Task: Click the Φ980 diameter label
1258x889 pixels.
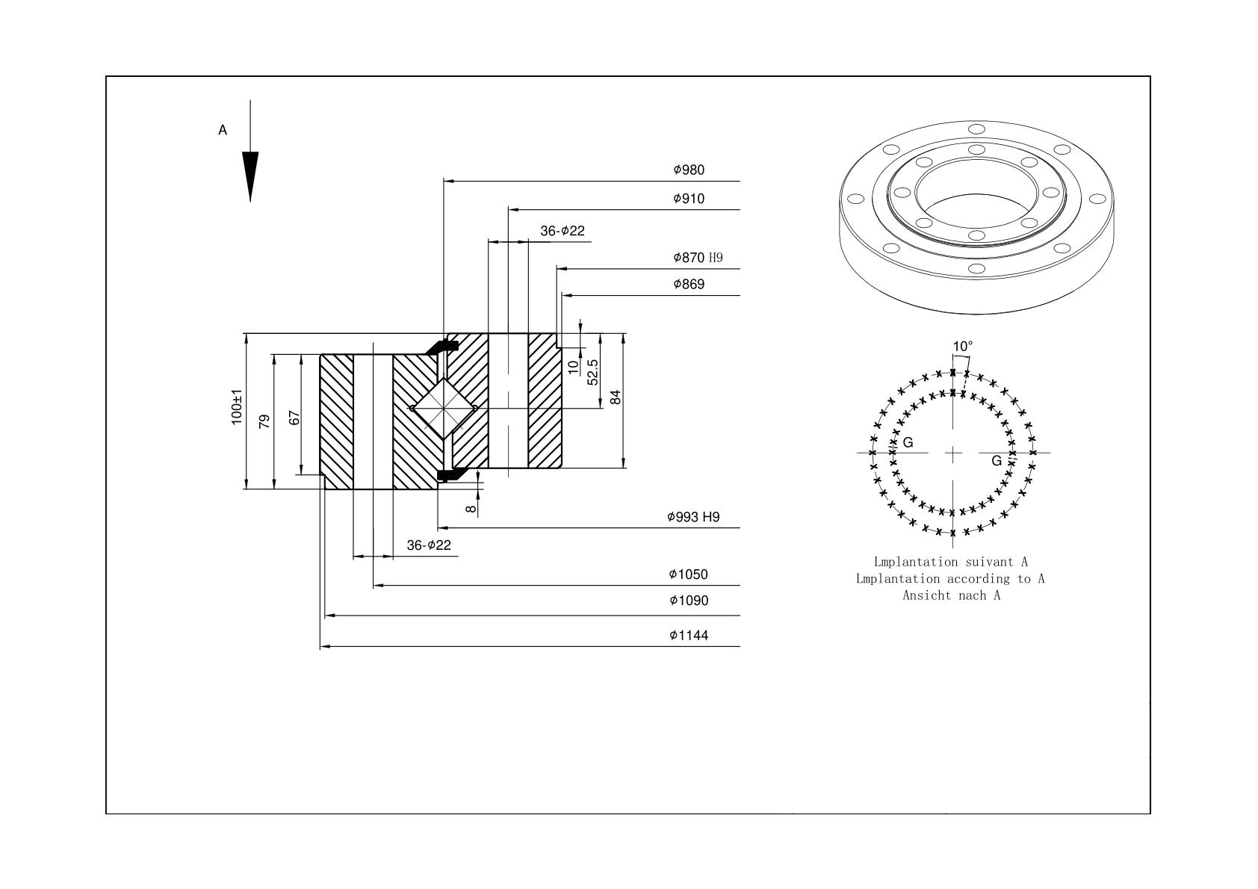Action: click(x=689, y=170)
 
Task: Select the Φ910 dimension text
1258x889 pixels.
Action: click(x=689, y=198)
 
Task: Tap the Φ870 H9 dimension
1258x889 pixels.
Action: click(x=698, y=257)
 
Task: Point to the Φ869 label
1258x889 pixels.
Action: click(x=689, y=284)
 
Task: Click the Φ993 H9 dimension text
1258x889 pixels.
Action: click(x=693, y=517)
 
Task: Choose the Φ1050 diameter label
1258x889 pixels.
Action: click(x=688, y=574)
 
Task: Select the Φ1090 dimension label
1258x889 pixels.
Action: click(x=689, y=601)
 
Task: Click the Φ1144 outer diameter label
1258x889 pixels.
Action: click(x=689, y=635)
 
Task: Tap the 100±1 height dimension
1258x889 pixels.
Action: click(x=237, y=407)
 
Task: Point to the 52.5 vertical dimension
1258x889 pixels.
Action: click(x=592, y=372)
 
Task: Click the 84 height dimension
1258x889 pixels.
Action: click(x=616, y=397)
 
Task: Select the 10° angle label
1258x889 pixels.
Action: click(x=963, y=346)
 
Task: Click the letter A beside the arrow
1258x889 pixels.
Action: click(x=223, y=130)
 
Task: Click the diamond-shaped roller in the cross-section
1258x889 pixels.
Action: click(x=444, y=409)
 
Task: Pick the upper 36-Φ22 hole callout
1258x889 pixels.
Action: click(x=563, y=231)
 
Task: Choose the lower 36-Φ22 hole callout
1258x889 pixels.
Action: click(x=429, y=545)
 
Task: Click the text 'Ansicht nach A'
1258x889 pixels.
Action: click(x=952, y=595)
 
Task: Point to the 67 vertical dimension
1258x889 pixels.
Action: click(x=294, y=418)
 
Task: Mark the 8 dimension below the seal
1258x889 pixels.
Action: click(x=471, y=509)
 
